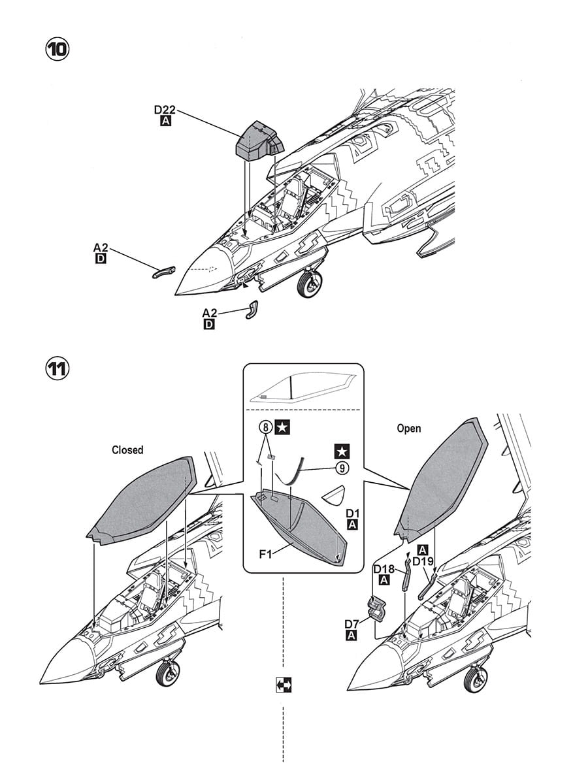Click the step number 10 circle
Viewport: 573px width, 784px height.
point(58,50)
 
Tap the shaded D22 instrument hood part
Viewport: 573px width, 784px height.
point(259,141)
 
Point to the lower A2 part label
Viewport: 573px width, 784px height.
point(209,313)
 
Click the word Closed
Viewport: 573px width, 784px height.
point(127,450)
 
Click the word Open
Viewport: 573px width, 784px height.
point(409,429)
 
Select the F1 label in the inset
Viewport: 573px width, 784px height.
point(265,555)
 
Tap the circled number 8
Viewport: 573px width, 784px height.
point(265,427)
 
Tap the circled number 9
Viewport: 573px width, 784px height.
point(342,468)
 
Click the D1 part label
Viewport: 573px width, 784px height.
point(352,514)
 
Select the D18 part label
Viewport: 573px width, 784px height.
point(384,569)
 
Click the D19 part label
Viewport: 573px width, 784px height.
point(423,561)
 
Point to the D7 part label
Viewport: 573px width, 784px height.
point(352,625)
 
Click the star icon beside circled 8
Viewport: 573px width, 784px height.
point(283,427)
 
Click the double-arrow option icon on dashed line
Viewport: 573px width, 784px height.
point(284,685)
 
